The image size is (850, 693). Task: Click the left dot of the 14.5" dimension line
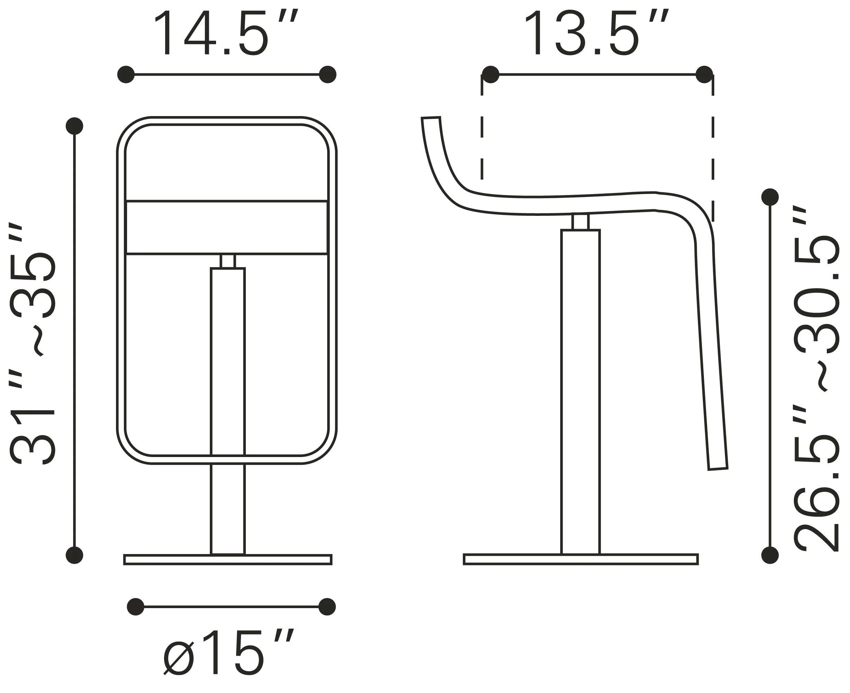click(x=126, y=74)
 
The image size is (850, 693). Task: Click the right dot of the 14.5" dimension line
click(x=328, y=74)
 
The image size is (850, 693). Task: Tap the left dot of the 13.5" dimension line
click(x=491, y=74)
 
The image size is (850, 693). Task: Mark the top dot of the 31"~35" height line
click(x=74, y=126)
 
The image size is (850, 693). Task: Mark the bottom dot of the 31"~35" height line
click(x=74, y=555)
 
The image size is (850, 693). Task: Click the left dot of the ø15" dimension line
click(x=136, y=607)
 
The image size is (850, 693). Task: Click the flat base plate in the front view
click(x=228, y=560)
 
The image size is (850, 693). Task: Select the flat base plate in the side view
click(x=581, y=559)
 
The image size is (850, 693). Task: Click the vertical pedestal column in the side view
click(x=580, y=391)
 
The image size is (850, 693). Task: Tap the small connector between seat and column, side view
click(x=580, y=222)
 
